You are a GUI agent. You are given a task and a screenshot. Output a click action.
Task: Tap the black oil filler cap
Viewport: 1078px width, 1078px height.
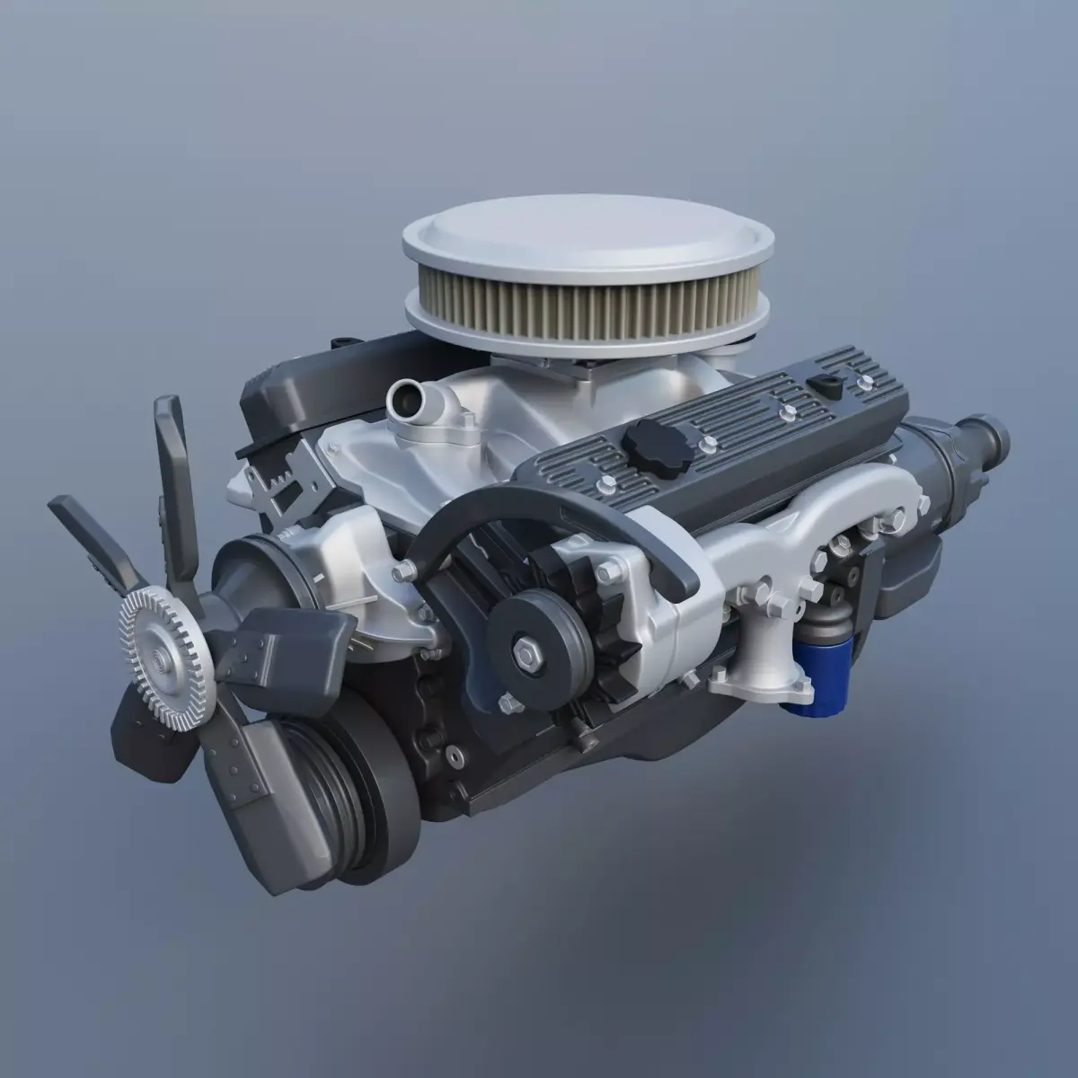649,440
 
